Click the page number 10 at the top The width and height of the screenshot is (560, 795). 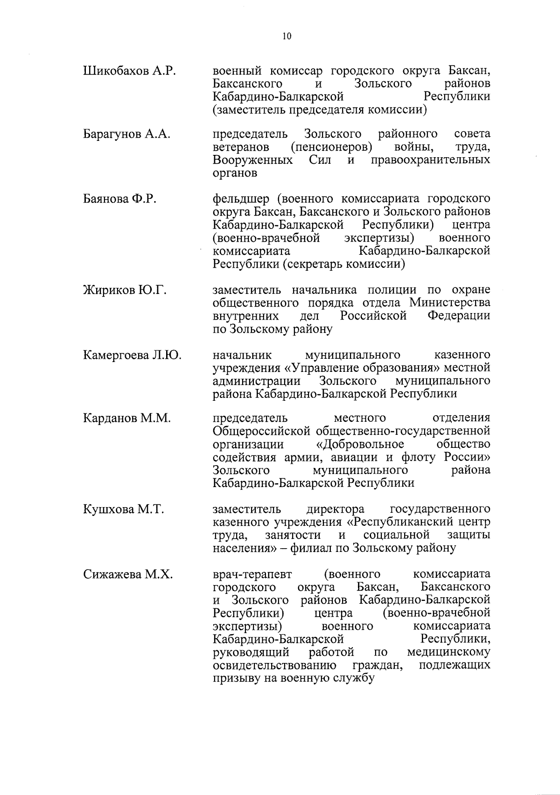point(287,36)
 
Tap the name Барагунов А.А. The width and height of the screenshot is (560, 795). point(126,134)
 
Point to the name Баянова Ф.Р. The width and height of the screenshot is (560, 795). point(119,199)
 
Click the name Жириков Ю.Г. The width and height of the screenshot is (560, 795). point(125,290)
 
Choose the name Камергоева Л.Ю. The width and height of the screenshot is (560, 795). point(132,355)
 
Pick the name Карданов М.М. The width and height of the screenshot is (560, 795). point(127,418)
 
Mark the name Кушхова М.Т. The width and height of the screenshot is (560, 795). point(123,509)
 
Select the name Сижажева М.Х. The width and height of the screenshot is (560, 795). point(128,575)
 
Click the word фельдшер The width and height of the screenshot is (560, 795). point(241,199)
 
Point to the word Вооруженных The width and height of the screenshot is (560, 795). point(253,160)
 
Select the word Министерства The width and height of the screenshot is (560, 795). point(450,303)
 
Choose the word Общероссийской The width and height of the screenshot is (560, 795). point(261,430)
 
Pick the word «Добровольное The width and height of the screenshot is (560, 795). point(357,443)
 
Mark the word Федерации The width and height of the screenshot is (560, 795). point(459,316)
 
